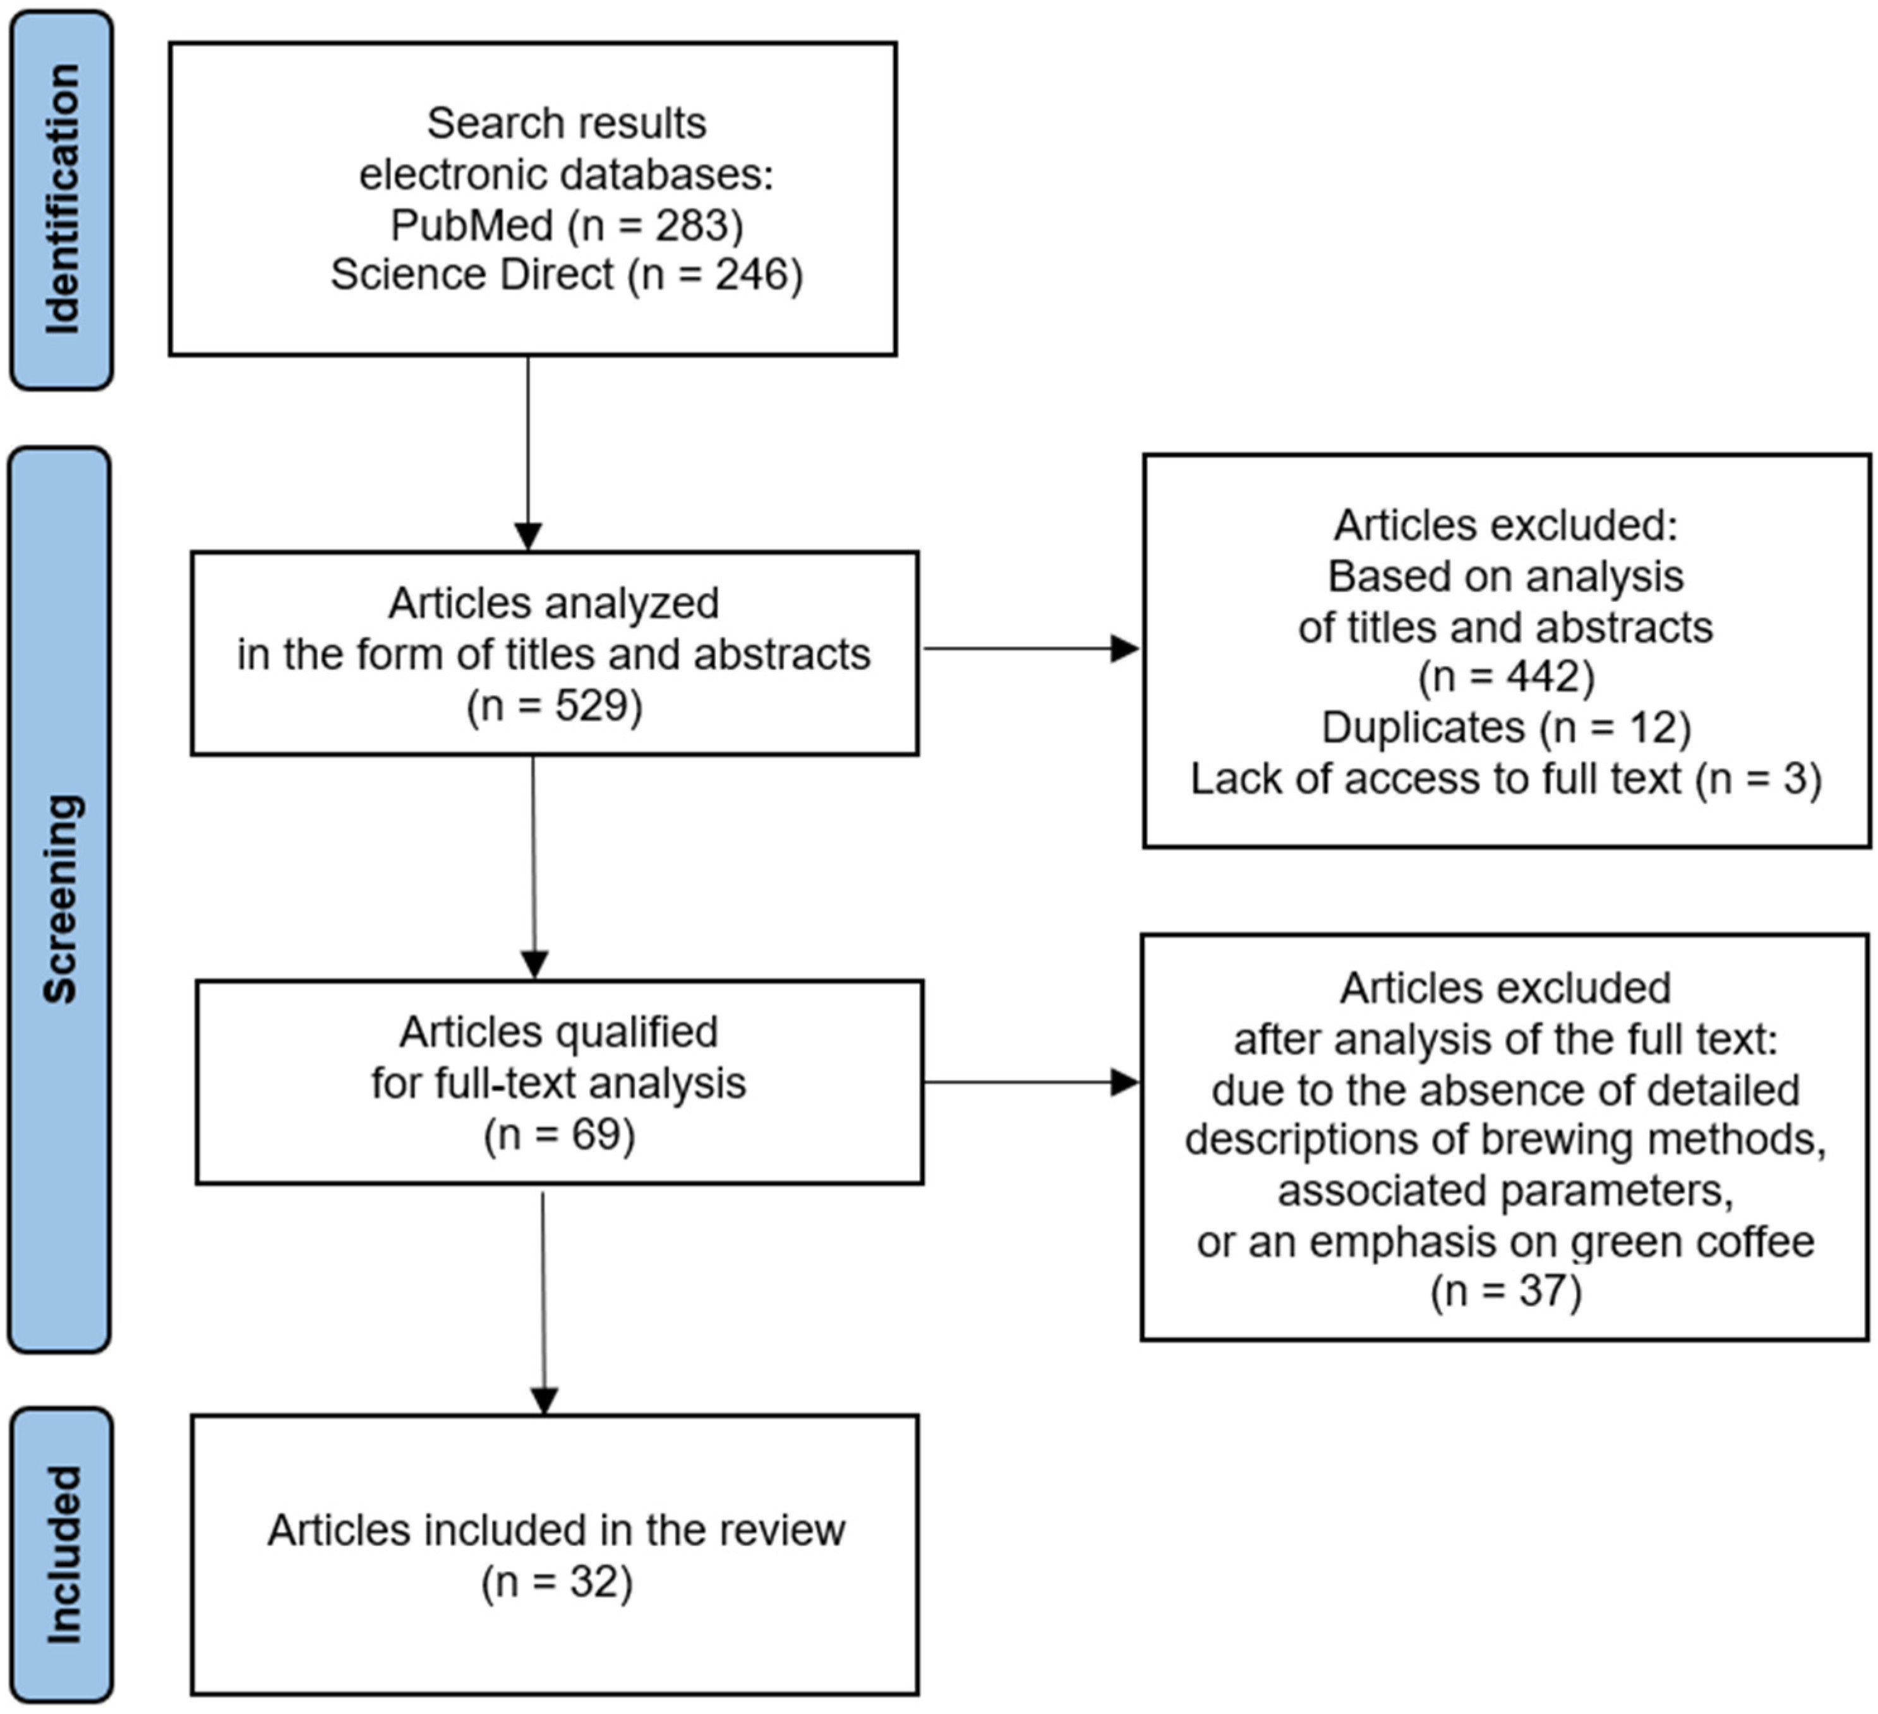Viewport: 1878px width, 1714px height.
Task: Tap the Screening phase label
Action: [59, 899]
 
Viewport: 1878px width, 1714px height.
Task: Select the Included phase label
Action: [61, 1555]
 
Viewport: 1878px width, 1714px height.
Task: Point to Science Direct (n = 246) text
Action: [567, 275]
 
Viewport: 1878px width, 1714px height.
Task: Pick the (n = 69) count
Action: [559, 1135]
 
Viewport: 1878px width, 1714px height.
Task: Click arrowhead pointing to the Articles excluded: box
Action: [1125, 649]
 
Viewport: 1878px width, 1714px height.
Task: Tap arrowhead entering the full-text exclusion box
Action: [1125, 1082]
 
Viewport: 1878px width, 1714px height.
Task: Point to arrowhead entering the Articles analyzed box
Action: [528, 537]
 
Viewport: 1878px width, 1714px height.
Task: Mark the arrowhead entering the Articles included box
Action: [544, 1401]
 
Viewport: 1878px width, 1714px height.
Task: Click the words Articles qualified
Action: [559, 1032]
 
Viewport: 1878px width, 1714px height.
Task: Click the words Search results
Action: [567, 123]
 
